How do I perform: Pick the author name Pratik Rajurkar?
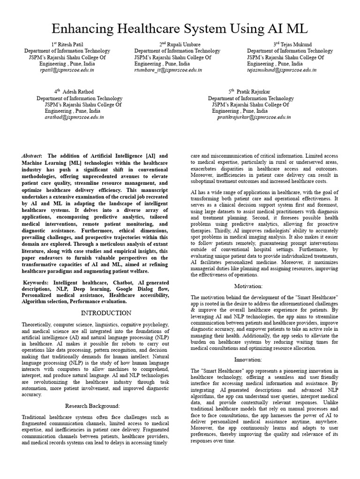tap(256, 92)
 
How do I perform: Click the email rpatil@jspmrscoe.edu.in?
tap(67, 70)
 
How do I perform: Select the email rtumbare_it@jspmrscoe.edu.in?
tap(168, 70)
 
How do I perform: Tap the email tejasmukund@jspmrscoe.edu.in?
tap(281, 70)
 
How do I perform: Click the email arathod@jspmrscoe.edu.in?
tap(75, 117)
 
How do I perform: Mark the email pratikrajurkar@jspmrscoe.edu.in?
tap(254, 117)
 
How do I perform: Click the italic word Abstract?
tap(31, 156)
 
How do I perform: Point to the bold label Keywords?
tap(37, 283)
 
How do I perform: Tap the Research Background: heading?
tap(92, 405)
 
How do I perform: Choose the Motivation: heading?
tap(248, 286)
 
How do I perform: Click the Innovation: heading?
tap(248, 359)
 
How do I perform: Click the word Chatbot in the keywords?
tap(123, 283)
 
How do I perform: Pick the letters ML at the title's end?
tap(296, 29)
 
